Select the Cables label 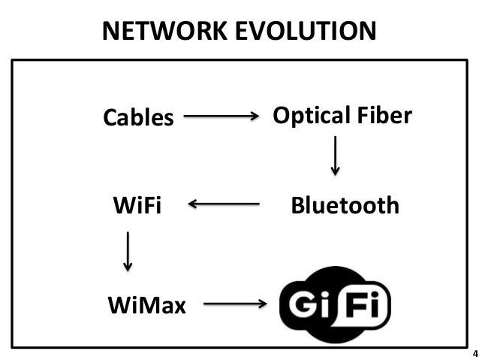[x=137, y=118]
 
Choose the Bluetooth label [x=345, y=205]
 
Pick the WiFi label [x=137, y=205]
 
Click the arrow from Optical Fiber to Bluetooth [x=335, y=156]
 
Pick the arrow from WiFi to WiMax [x=128, y=251]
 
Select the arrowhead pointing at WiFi [x=193, y=204]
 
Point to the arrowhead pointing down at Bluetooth [x=335, y=171]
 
